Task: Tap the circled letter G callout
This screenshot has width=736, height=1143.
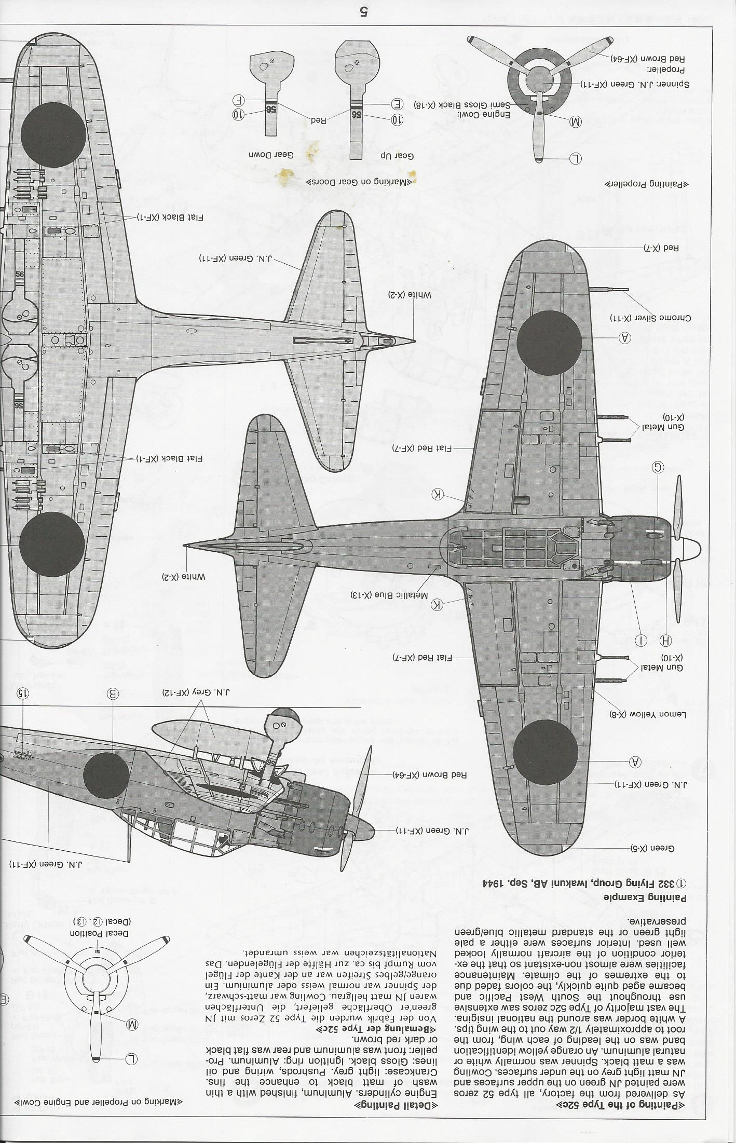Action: click(658, 468)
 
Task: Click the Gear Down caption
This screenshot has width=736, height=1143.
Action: click(271, 155)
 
